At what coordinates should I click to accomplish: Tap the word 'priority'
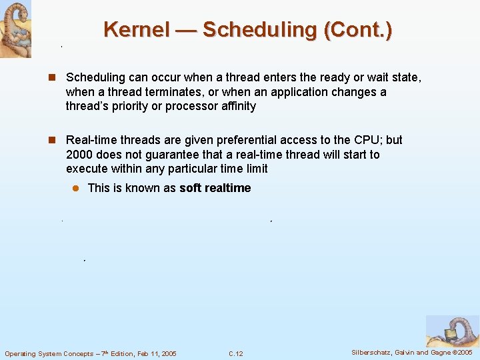pos(125,106)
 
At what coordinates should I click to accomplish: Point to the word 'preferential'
pos(257,140)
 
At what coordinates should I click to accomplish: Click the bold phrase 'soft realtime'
pos(215,188)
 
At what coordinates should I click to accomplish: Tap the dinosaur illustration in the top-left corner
pos(15,29)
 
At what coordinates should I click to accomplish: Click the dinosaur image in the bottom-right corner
pos(452,331)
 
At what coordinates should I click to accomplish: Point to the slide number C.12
pos(235,353)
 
